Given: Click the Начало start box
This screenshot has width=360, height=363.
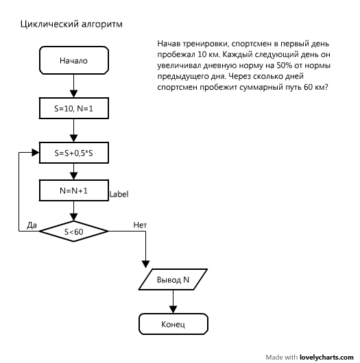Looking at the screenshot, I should (x=73, y=60).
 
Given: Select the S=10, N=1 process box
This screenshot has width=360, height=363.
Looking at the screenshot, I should (x=73, y=108).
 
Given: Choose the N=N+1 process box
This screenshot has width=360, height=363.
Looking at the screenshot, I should (x=73, y=190).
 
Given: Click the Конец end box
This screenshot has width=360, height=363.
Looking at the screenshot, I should (x=173, y=324).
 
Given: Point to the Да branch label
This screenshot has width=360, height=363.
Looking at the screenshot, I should (x=32, y=225).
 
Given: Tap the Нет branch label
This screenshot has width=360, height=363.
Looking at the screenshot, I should (x=139, y=225).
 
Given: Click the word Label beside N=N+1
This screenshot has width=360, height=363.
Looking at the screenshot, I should (x=119, y=195).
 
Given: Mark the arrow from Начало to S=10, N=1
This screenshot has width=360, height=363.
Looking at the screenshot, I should (x=73, y=85).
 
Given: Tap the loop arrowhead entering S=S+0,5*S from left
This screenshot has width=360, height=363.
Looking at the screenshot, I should (x=36, y=152).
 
